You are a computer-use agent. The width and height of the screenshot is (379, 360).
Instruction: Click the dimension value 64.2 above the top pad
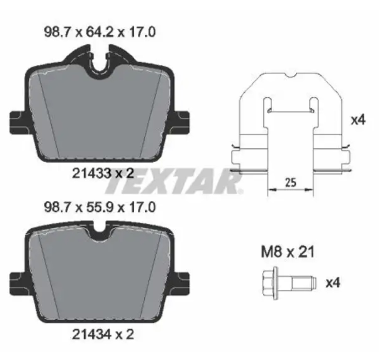pyautogui.click(x=100, y=32)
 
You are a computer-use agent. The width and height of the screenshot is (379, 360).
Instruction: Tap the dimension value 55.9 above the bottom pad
pyautogui.click(x=100, y=207)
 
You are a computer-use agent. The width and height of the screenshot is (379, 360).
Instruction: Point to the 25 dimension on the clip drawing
pyautogui.click(x=290, y=182)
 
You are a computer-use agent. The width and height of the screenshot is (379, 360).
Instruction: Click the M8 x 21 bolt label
pyautogui.click(x=288, y=252)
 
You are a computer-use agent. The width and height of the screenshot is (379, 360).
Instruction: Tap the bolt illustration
pyautogui.click(x=289, y=283)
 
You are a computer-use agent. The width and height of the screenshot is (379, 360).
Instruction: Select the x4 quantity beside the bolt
pyautogui.click(x=333, y=283)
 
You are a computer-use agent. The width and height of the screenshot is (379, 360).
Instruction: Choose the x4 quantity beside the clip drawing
pyautogui.click(x=358, y=120)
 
